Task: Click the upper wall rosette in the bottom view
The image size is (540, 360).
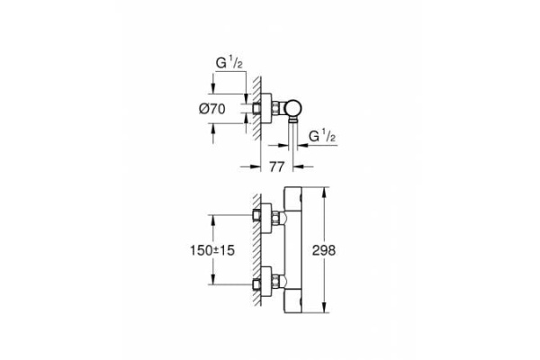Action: (x=260, y=217)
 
